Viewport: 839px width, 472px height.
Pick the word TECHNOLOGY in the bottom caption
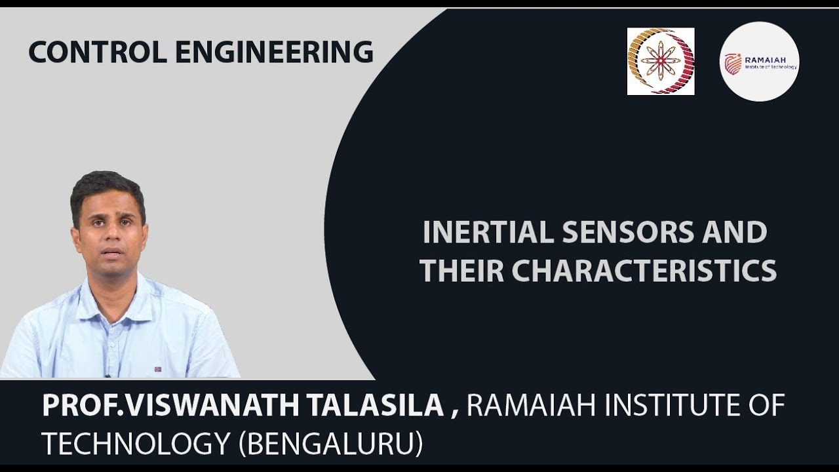tap(135, 444)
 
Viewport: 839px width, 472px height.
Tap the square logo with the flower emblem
tap(661, 62)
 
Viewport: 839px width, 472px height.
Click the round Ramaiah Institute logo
tap(759, 62)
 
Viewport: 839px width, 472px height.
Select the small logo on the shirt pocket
tap(158, 369)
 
